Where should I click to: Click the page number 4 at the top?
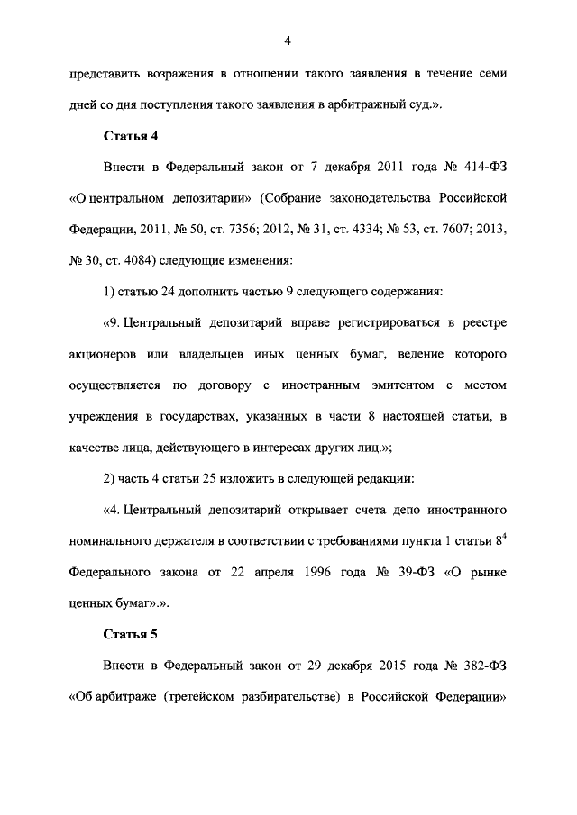288,40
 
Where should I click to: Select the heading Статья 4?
131,136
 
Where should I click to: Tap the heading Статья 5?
131,634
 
